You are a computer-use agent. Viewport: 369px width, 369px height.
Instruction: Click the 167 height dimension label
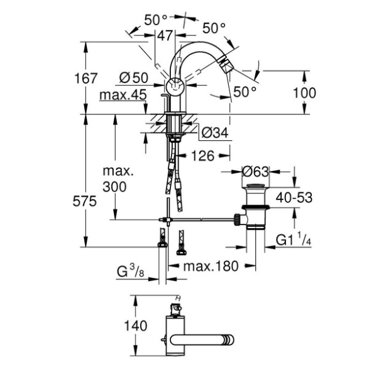85,79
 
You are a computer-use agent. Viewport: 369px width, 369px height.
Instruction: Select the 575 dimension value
85,201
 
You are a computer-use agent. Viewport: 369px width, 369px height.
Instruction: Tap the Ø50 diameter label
134,77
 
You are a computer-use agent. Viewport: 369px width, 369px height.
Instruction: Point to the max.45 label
123,95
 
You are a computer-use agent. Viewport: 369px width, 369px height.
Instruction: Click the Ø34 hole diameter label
215,133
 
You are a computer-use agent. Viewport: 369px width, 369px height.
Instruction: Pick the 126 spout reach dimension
203,156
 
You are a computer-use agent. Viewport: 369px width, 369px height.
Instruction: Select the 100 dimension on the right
304,92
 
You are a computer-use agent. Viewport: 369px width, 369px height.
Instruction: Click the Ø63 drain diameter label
255,172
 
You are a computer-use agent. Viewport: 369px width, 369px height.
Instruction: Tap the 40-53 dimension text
294,197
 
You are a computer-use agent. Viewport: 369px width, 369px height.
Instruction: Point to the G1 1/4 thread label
294,239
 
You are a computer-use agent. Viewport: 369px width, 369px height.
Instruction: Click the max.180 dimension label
211,266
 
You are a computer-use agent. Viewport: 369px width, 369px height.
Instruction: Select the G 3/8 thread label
130,271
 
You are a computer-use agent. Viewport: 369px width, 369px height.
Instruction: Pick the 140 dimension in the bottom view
136,326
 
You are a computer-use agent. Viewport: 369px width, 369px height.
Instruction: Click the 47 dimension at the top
165,36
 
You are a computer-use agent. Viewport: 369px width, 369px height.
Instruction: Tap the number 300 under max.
114,187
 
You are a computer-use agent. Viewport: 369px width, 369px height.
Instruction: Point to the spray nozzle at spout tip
226,67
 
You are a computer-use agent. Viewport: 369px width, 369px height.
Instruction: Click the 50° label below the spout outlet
245,92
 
